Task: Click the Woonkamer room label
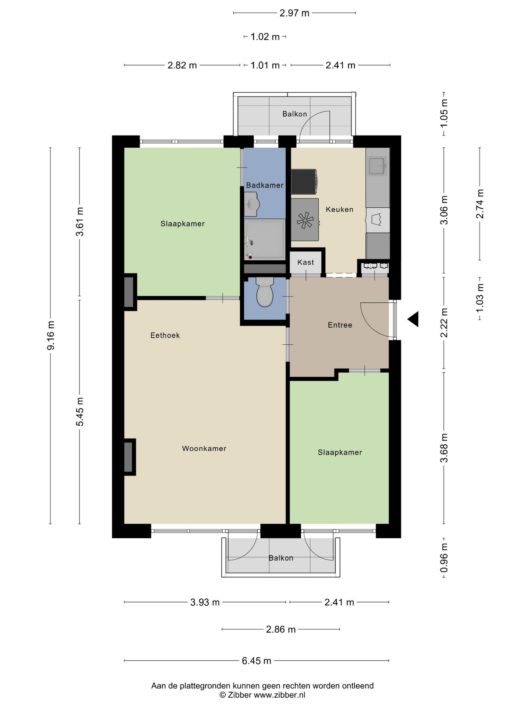[204, 449]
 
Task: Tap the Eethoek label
[165, 335]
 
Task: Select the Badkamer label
[265, 185]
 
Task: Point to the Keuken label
[339, 210]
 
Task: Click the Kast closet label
[305, 262]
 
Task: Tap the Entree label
[340, 325]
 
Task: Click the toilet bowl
[265, 292]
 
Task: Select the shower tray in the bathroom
[265, 240]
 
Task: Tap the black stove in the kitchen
[304, 182]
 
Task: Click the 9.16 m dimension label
[51, 335]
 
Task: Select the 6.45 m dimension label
[257, 661]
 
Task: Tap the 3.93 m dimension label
[205, 602]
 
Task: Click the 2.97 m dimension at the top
[294, 13]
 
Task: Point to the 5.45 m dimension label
[80, 412]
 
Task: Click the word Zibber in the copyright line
[239, 695]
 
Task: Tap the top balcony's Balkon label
[294, 114]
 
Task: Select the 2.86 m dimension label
[281, 629]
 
